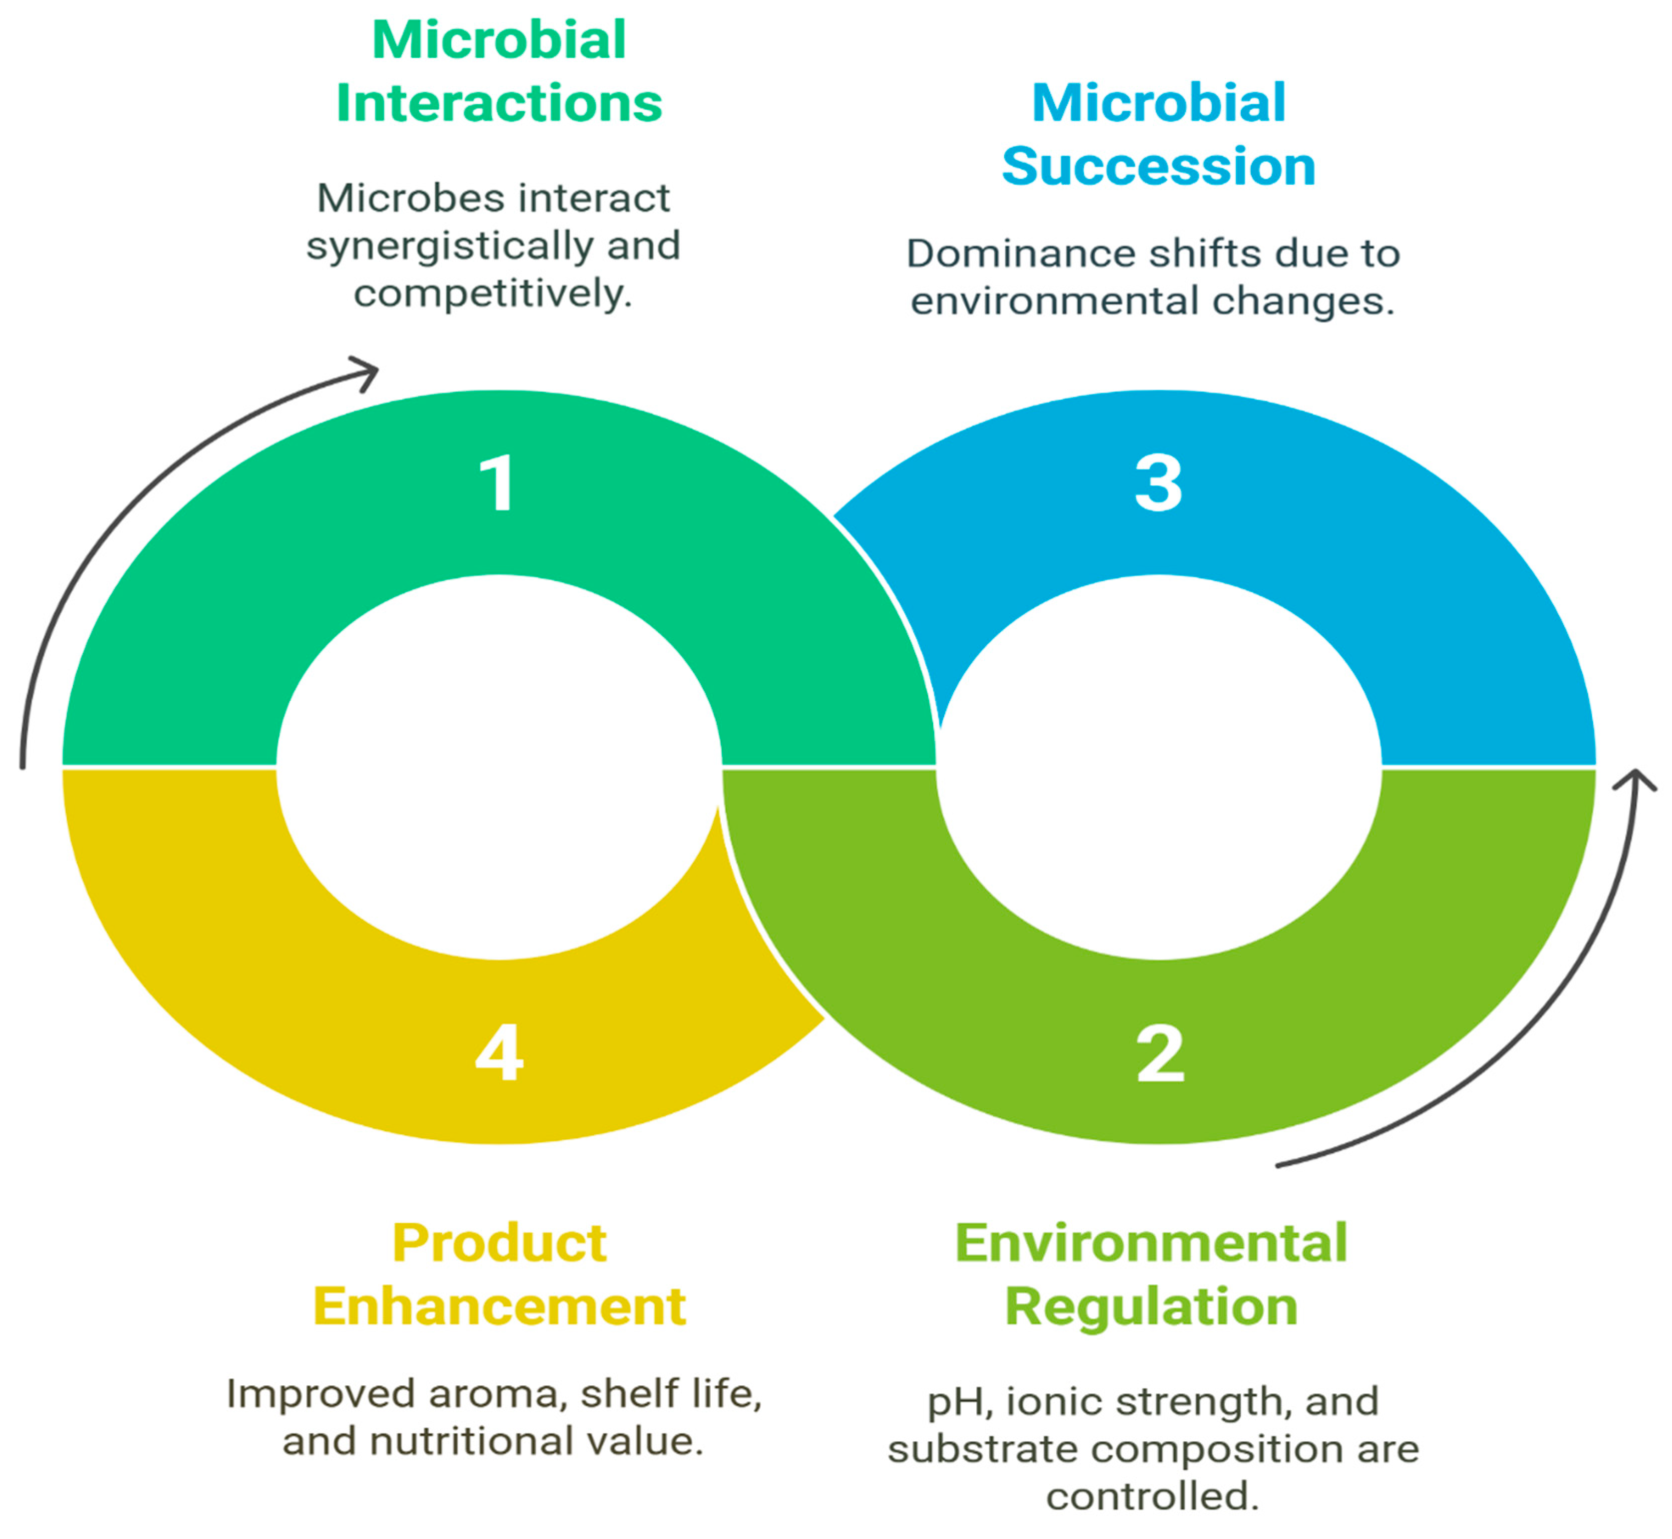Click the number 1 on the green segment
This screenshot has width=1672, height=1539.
pyautogui.click(x=497, y=483)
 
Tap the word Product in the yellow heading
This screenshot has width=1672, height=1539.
pyautogui.click(x=499, y=1244)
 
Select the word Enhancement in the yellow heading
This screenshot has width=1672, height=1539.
pyautogui.click(x=499, y=1306)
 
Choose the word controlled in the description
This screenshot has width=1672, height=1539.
pyautogui.click(x=1152, y=1497)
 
